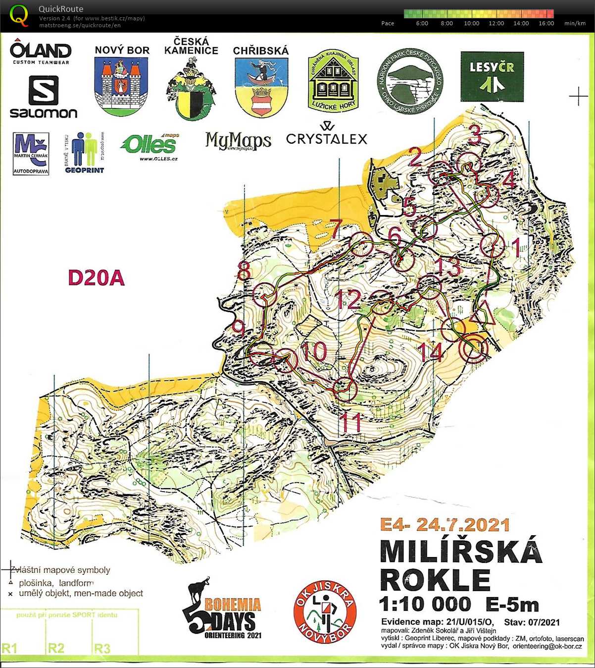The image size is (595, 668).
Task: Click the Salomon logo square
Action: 44,90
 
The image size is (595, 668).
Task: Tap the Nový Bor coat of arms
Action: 121,86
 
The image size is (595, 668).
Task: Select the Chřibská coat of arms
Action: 261,87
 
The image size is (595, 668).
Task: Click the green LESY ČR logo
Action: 492,76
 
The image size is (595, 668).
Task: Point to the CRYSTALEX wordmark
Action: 327,139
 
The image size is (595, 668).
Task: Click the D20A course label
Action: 96,278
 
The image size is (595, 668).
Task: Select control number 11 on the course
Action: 350,422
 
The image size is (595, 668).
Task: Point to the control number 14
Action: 430,352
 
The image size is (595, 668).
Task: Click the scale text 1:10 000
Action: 425,604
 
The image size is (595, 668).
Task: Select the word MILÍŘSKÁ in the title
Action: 461,551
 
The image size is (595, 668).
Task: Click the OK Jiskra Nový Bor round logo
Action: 325,612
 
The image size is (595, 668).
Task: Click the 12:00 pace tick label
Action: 496,23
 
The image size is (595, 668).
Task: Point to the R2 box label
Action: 56,648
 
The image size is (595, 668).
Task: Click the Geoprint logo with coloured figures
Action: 85,153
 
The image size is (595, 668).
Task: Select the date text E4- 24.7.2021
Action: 445,524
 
